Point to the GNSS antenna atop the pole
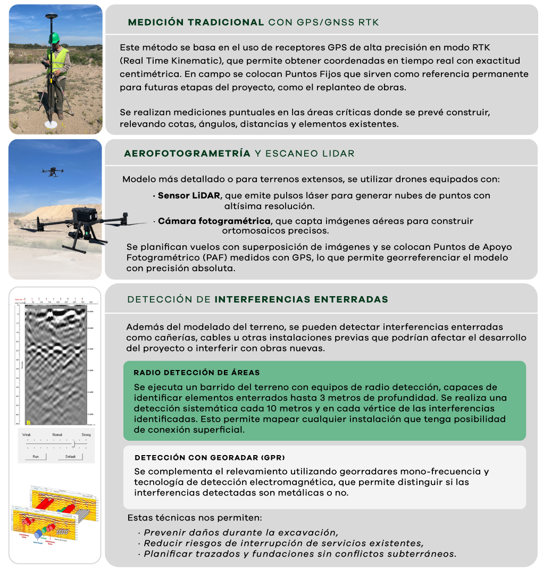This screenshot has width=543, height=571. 52,18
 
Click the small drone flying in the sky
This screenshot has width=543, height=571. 52,172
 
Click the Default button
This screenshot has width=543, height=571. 70,457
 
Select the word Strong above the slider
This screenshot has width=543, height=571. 86,434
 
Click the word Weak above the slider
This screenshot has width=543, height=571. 27,434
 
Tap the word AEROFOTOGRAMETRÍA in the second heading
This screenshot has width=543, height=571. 187,154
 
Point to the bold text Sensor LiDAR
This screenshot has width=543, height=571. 189,196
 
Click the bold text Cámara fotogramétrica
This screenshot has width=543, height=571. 214,221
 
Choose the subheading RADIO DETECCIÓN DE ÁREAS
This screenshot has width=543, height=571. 197,373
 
